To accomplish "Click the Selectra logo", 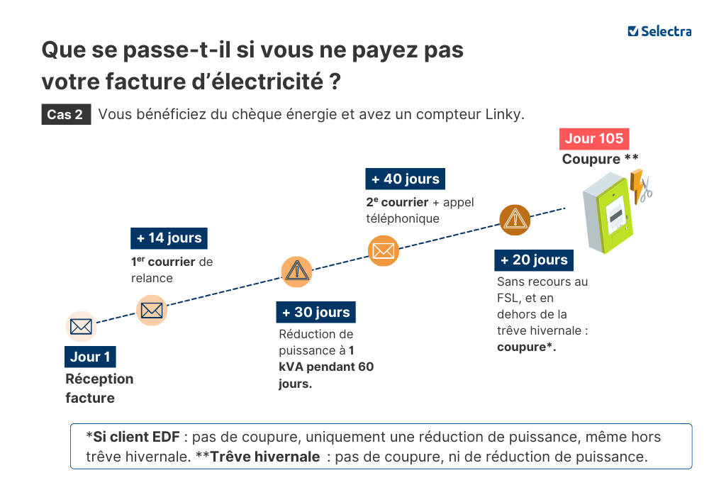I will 659,31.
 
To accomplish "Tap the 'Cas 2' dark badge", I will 65,114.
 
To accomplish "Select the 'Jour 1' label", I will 90,357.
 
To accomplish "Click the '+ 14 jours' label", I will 169,238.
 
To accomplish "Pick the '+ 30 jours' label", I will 316,312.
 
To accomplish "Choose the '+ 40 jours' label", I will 405,179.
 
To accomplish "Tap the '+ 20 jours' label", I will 533,260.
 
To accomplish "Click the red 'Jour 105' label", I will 594,138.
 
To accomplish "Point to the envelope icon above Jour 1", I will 81,327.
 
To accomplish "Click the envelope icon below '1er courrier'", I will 152,310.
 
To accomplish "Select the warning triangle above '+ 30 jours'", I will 296,272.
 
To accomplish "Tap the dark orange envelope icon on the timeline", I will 384,250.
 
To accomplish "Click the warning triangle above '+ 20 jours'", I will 515,220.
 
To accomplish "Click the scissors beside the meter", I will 646,190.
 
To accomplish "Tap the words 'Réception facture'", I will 99,388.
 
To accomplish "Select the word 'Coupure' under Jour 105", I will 591,159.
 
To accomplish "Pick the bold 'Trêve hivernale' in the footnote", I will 265,457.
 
